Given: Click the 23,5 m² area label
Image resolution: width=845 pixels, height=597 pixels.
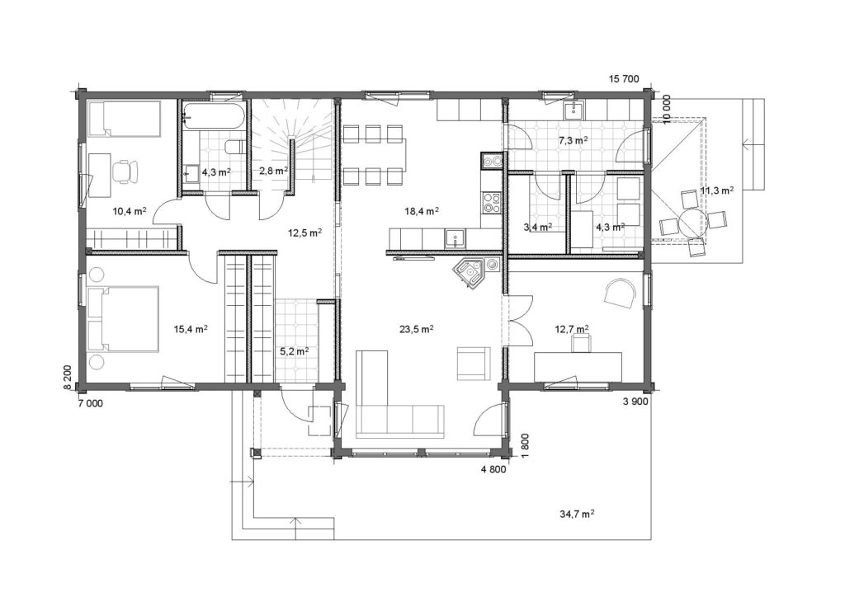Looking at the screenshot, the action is click(x=417, y=329).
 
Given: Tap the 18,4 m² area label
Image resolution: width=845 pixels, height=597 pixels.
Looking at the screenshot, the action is click(x=421, y=211).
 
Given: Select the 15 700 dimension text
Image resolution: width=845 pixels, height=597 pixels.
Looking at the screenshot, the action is click(x=624, y=79).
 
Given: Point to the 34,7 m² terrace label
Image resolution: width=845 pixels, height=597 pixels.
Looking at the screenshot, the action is click(x=577, y=514).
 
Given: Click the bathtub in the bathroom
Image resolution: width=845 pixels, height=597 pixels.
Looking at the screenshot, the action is click(x=215, y=115).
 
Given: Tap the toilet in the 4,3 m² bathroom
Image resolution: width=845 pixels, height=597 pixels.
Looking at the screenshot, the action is click(x=235, y=146).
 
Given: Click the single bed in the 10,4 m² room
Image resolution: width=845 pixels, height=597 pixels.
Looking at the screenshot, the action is click(x=124, y=118).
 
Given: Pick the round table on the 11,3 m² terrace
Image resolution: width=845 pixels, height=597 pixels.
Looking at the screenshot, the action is click(x=692, y=221).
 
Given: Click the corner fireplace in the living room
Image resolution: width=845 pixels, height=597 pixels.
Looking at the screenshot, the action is click(x=469, y=272).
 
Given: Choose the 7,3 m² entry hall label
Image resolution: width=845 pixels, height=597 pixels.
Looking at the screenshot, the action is click(x=573, y=140).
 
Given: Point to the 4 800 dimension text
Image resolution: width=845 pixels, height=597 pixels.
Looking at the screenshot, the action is click(x=493, y=469).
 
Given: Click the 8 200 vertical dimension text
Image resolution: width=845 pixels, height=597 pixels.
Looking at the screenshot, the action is click(x=67, y=378).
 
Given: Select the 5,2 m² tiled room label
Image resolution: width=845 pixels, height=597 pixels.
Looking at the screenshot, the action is click(x=293, y=351).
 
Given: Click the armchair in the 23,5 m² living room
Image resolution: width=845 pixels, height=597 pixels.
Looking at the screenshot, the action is click(x=474, y=364).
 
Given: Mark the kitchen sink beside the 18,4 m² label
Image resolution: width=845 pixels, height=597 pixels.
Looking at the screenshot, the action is click(x=456, y=237).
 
